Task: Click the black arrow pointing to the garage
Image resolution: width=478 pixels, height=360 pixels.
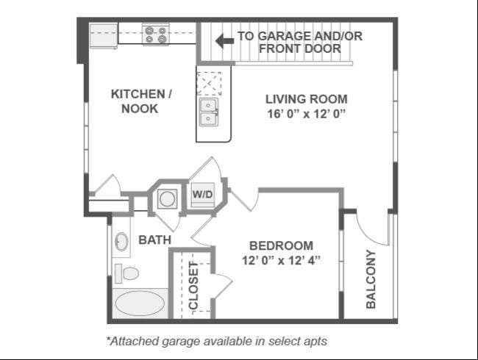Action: (x=225, y=41)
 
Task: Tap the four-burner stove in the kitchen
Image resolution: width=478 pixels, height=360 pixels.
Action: (x=155, y=35)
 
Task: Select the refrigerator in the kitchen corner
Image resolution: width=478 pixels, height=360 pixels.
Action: (x=104, y=36)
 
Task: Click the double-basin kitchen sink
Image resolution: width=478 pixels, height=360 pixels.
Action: (x=209, y=112)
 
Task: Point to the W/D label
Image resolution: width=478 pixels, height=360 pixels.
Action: (x=202, y=194)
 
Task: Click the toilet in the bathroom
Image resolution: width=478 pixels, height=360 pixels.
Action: (x=126, y=273)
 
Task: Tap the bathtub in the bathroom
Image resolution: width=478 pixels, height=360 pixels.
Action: (x=140, y=303)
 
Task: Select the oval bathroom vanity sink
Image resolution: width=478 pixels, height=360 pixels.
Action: (x=121, y=242)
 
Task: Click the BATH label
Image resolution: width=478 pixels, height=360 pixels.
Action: (x=155, y=240)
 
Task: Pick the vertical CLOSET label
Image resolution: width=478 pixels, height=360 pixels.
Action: (x=193, y=285)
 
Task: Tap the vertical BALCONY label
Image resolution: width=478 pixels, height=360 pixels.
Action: (x=371, y=279)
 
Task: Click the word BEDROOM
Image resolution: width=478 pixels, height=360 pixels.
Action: (x=281, y=245)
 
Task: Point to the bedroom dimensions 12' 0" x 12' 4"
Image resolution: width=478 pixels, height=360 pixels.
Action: (x=281, y=260)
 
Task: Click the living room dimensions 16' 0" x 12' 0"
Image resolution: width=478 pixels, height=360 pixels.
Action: (x=307, y=114)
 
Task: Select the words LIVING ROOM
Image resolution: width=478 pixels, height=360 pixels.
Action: (x=307, y=99)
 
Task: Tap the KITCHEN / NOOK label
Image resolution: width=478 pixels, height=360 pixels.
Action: (x=141, y=101)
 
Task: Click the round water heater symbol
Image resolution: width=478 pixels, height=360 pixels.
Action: (x=168, y=199)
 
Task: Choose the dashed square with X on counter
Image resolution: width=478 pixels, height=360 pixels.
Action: (x=209, y=84)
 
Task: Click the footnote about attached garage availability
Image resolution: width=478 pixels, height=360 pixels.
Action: (x=217, y=341)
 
